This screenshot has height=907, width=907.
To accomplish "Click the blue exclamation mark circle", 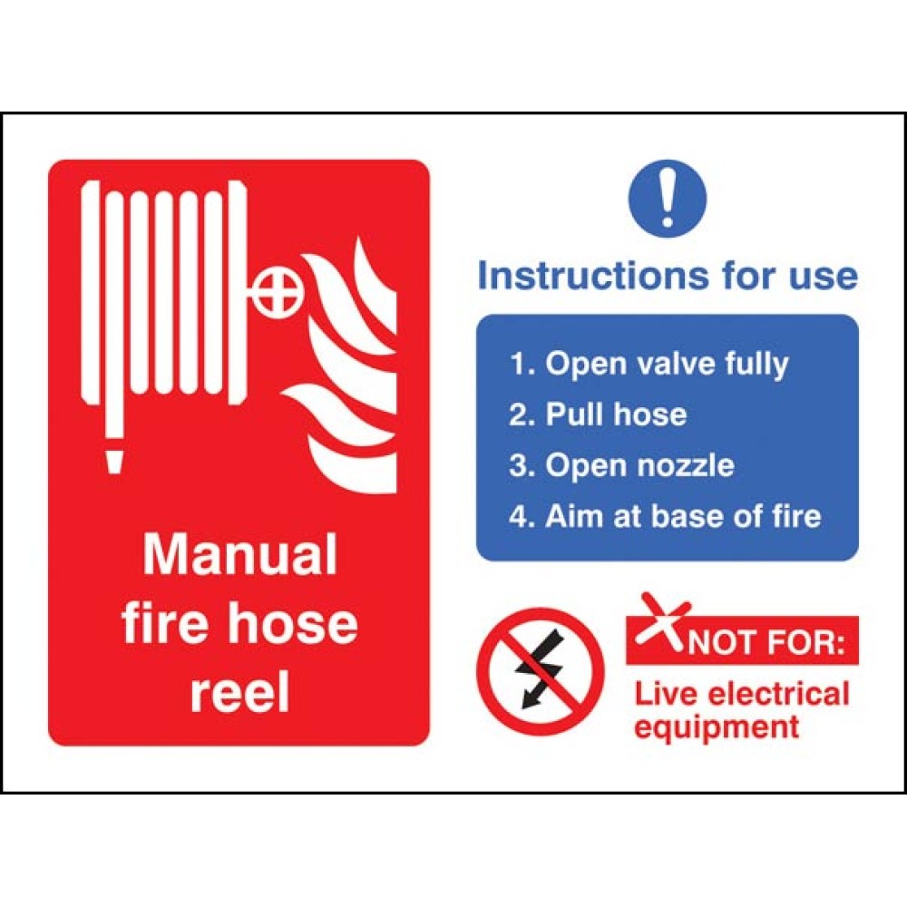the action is [668, 199].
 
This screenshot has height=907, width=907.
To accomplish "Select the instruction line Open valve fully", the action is [649, 365].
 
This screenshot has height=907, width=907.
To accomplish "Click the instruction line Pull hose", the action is [598, 414].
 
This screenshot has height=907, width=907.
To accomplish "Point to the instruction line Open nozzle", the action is [622, 465].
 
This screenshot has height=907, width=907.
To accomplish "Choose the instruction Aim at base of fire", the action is [665, 515].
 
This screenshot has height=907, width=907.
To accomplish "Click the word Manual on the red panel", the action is [240, 554].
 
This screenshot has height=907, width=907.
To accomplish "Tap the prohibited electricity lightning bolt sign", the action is [540, 671].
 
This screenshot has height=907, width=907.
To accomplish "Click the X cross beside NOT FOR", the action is [662, 620].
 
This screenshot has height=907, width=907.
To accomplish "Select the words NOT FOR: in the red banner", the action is [766, 643].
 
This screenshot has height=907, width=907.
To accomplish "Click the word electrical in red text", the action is [778, 694].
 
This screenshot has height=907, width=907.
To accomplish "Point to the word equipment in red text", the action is [717, 727].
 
